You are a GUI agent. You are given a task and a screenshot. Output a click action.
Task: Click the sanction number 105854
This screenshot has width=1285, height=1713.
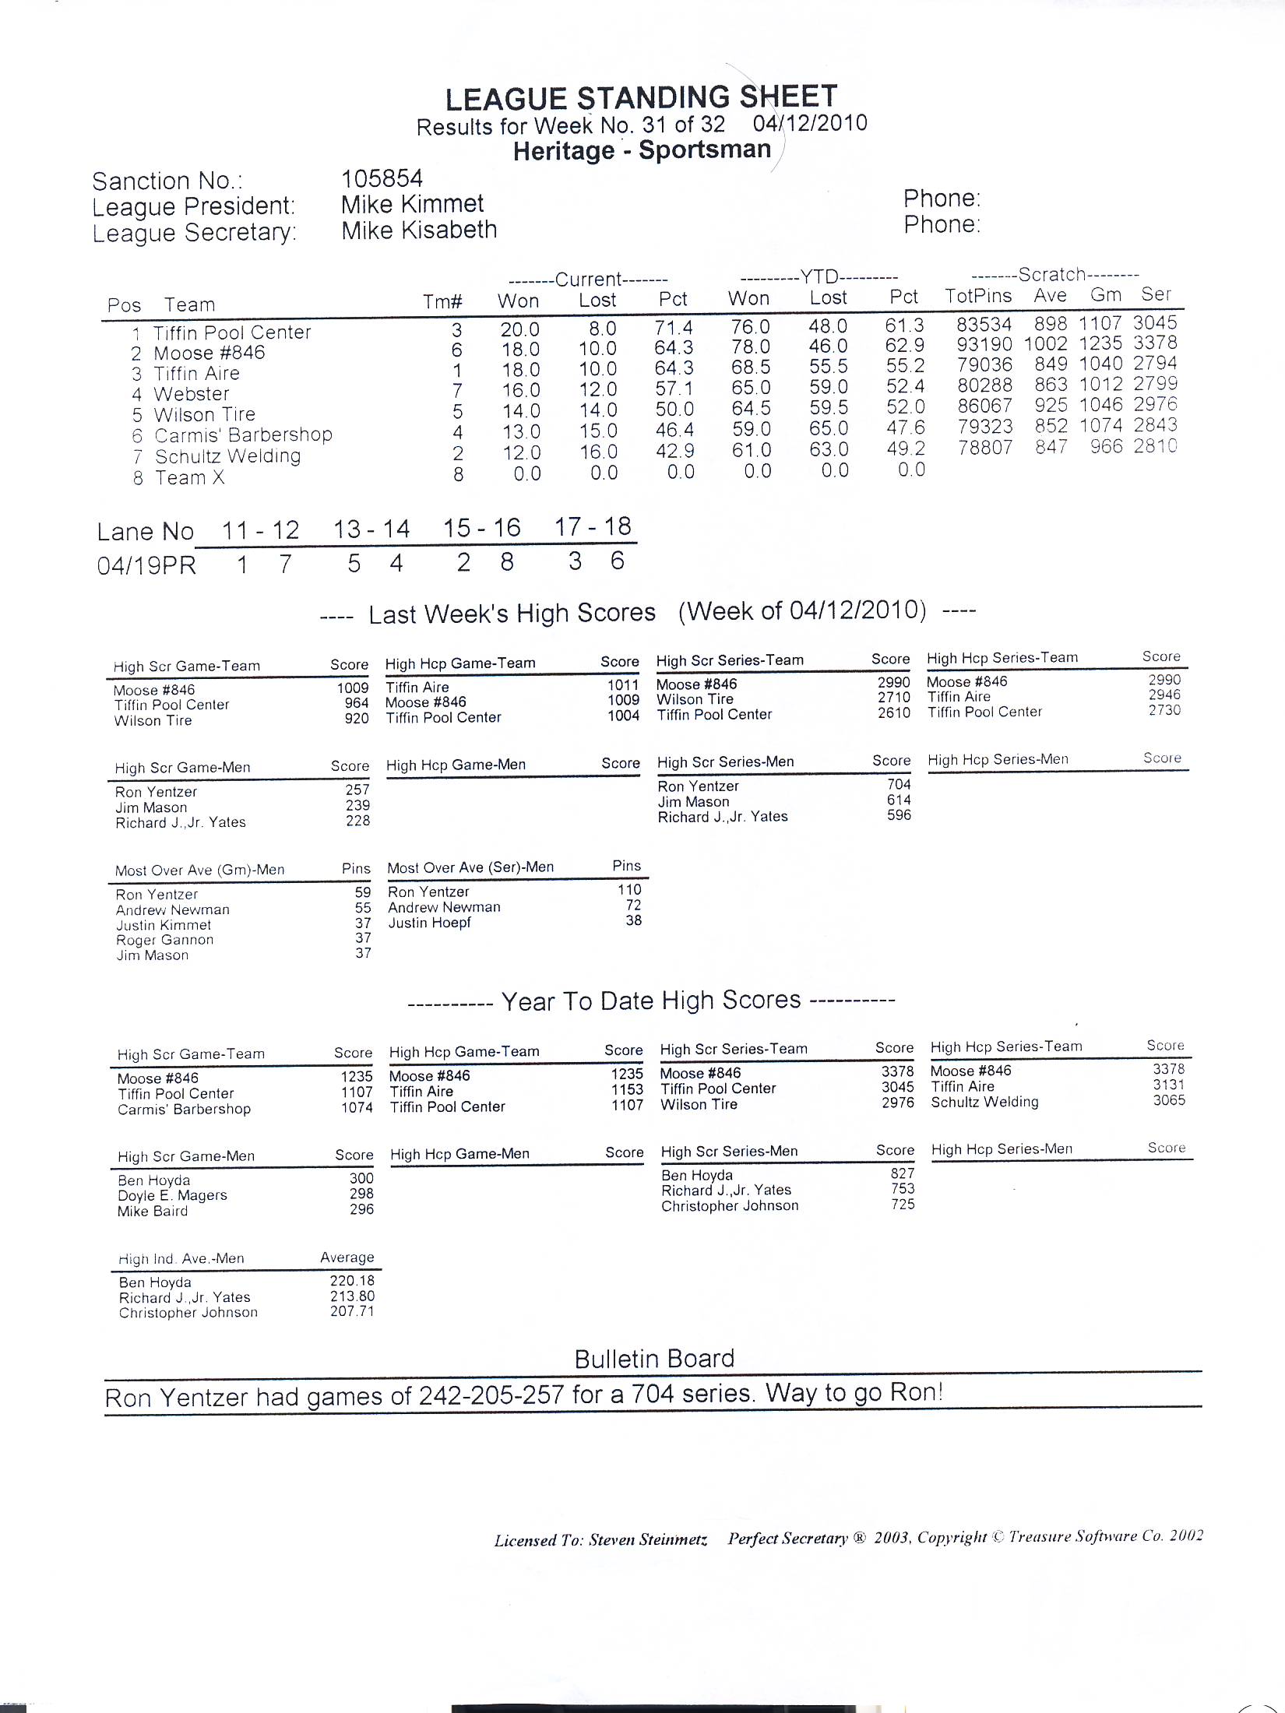382,179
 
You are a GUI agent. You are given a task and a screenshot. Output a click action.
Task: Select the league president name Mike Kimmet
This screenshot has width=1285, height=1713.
412,205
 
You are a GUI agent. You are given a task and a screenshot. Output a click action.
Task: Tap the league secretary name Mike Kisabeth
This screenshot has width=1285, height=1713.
419,230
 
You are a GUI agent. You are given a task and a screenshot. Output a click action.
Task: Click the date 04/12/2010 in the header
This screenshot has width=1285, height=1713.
809,124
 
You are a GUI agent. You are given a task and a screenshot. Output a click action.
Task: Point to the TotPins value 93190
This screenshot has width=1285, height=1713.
984,345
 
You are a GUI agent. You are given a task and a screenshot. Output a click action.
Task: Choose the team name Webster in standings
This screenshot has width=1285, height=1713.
192,394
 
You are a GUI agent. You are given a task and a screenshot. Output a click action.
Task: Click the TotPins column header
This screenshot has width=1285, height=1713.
978,296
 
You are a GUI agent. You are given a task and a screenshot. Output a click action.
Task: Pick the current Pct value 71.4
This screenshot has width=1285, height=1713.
674,328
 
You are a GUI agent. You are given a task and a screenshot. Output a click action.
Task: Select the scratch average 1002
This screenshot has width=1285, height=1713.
1045,344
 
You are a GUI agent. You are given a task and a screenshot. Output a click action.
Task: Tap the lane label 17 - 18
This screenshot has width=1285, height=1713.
593,527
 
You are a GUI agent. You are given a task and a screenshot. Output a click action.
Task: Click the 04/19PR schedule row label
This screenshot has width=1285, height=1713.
146,565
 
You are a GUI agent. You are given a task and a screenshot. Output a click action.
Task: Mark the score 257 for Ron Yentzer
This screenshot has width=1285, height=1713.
357,790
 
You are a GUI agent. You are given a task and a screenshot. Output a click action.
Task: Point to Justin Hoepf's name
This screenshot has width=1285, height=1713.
429,923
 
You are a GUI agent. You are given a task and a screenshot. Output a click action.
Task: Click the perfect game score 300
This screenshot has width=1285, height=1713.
361,1179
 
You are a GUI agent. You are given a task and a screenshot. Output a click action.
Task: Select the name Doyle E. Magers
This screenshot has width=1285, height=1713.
172,1195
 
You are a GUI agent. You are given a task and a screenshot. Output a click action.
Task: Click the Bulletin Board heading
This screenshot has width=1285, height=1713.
654,1359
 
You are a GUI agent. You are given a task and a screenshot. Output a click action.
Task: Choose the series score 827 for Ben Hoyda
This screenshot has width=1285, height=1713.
903,1173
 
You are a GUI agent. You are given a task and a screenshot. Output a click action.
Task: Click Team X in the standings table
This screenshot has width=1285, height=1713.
190,477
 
